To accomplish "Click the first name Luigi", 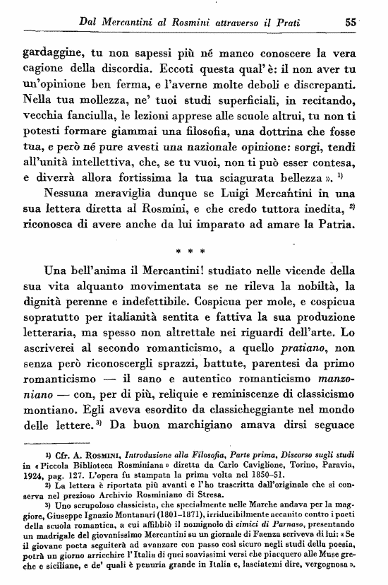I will coord(248,191).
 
